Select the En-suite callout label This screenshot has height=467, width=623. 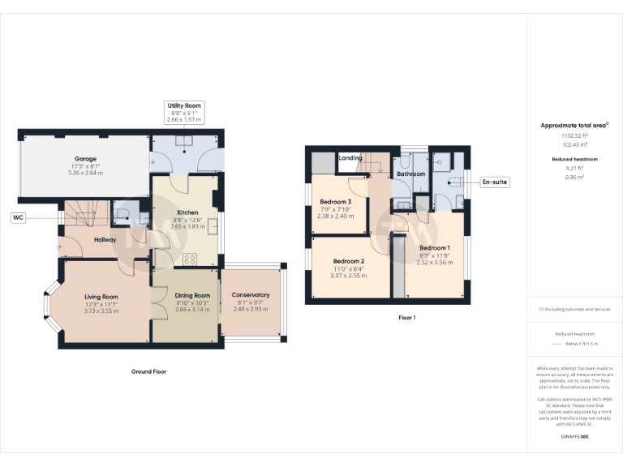(x=494, y=182)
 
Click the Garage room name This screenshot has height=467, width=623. (x=86, y=159)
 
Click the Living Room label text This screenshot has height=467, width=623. (x=101, y=297)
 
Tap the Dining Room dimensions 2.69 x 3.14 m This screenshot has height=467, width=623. (x=192, y=310)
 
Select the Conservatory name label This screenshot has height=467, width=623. (x=250, y=295)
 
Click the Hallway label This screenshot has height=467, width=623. (x=105, y=240)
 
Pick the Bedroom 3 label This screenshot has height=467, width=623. (x=335, y=202)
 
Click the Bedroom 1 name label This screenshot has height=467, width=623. (x=434, y=247)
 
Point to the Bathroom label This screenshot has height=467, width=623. (x=411, y=174)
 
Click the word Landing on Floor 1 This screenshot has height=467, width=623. (x=350, y=158)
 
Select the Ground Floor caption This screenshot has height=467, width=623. (x=148, y=371)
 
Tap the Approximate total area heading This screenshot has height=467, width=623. (x=575, y=126)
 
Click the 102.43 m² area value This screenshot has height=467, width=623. (x=575, y=144)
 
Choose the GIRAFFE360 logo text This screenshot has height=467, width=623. (x=575, y=436)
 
